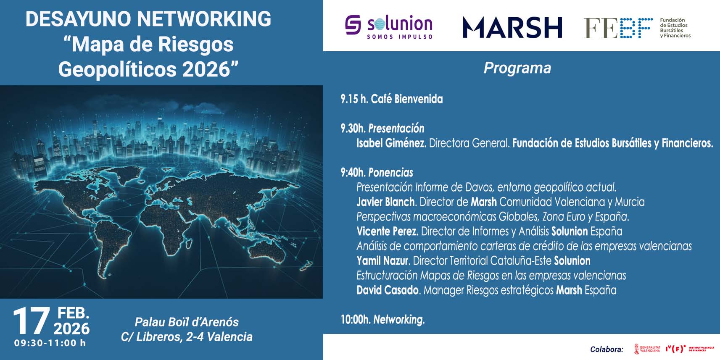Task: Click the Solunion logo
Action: tap(389, 27)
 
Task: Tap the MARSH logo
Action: tap(512, 28)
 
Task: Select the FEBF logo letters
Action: tap(618, 28)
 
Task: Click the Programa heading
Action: tap(517, 68)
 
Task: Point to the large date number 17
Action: tap(31, 321)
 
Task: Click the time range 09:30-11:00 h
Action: tap(50, 343)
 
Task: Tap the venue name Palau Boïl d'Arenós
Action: tap(187, 322)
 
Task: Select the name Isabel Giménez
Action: tap(391, 143)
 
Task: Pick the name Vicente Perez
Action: tap(388, 231)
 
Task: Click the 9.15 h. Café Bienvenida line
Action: tap(391, 99)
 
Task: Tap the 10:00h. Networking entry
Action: tap(382, 320)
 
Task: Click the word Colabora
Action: tap(607, 349)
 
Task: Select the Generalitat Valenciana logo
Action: tap(647, 349)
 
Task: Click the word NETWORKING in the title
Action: tap(204, 19)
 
